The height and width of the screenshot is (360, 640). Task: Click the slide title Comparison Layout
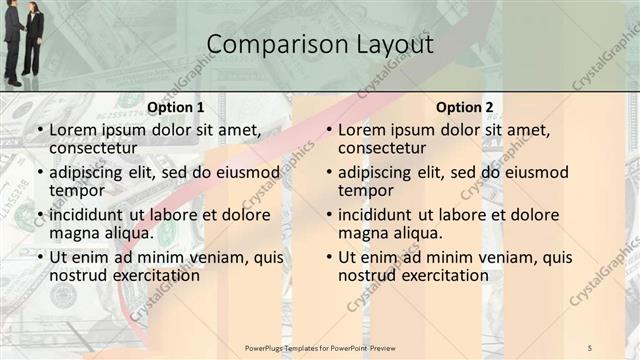tap(320, 45)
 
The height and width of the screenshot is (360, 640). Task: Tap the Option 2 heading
tap(465, 108)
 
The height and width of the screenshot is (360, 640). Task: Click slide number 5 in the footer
tap(590, 347)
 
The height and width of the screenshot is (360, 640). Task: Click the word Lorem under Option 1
tap(71, 130)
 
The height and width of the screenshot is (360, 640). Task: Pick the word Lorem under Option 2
tap(360, 130)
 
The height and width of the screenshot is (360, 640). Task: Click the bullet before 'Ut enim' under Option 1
tap(39, 257)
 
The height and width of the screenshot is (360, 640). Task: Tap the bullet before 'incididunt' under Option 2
tap(328, 215)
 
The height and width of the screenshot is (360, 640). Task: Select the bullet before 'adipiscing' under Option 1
tap(39, 172)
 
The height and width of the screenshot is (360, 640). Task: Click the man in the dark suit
tap(13, 40)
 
